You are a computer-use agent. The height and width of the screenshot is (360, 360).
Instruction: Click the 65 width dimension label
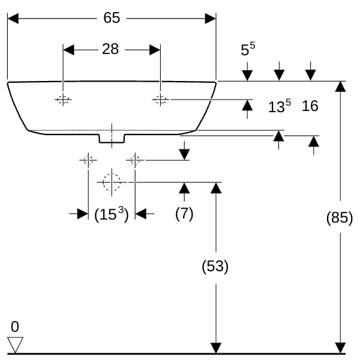coord(112,17)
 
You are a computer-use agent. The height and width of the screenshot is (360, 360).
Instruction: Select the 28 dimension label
coord(110,49)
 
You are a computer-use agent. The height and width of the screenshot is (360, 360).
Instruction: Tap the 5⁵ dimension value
coord(248,49)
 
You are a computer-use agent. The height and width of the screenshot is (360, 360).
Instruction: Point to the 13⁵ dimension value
coord(280,106)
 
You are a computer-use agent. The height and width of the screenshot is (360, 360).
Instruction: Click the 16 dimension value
coord(310,106)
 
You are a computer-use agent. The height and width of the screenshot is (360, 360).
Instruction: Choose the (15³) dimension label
coord(112,214)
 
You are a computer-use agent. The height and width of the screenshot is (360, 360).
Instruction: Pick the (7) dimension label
coord(184,214)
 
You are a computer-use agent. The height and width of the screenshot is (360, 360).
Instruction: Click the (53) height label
coord(215,266)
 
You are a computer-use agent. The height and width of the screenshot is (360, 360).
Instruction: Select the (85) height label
coord(340,217)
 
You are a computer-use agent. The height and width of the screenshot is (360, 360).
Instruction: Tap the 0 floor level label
coord(15,326)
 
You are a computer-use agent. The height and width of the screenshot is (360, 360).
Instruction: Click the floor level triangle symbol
coord(15,344)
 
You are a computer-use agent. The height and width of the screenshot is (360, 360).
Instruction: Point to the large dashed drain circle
coord(112,174)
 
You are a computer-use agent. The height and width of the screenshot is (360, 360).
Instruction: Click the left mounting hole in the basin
coord(63,100)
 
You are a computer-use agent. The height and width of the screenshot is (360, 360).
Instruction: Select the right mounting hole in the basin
coord(160,100)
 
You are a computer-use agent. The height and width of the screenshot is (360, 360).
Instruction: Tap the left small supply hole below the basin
coord(88,160)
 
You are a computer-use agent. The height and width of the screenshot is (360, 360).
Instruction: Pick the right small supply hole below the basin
coord(135,160)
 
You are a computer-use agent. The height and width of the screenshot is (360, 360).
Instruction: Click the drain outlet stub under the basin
coord(112,139)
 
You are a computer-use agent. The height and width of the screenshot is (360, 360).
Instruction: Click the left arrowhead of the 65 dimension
coord(13,19)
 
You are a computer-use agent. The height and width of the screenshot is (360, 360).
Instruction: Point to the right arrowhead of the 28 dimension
coord(155,50)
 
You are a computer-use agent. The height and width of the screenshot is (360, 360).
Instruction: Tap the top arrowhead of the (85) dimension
coord(340,87)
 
